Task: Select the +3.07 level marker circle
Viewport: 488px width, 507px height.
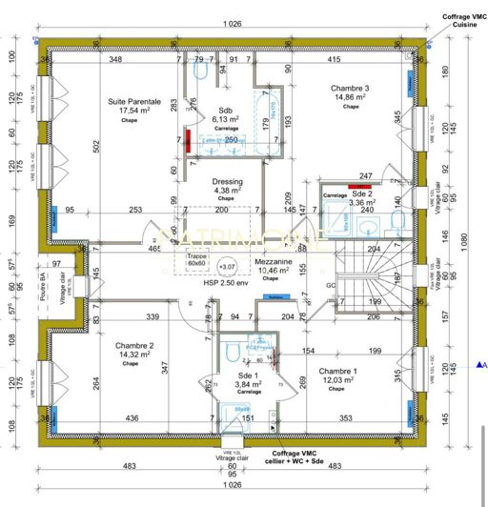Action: pos(228,267)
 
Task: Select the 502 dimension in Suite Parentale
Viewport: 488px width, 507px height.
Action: pos(97,145)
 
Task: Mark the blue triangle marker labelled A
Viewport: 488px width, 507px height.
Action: pos(479,365)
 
